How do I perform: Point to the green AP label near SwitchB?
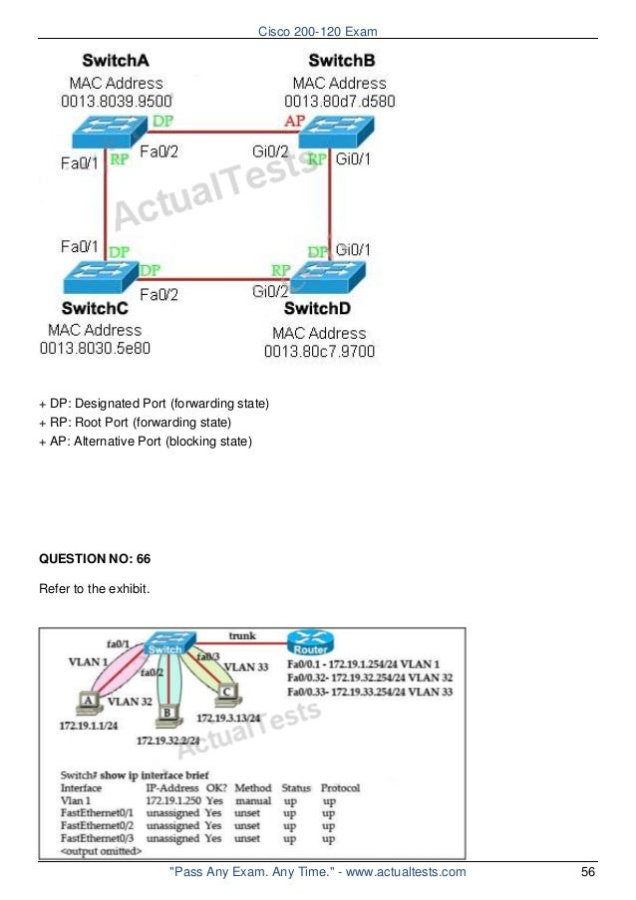pos(295,121)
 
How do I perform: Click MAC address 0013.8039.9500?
pos(116,100)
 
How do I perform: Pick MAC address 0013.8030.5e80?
pos(95,349)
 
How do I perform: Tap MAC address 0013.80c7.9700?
pos(319,351)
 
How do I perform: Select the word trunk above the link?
pos(242,634)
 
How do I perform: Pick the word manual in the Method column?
pos(252,800)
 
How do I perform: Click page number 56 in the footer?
pos(587,873)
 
